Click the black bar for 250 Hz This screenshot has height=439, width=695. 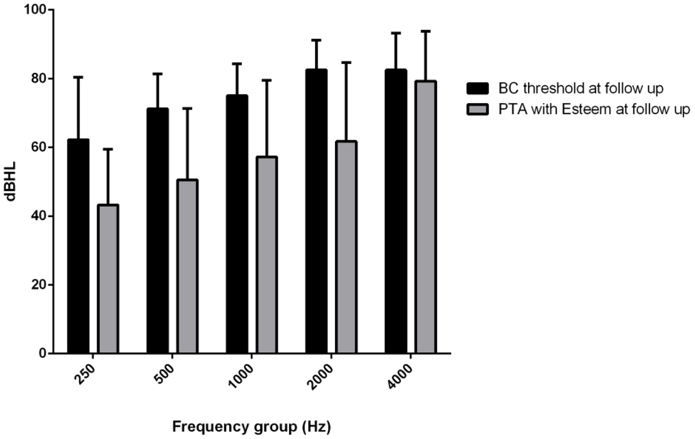click(x=78, y=245)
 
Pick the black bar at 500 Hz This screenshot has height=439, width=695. click(x=157, y=231)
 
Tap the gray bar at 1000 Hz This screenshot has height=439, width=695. click(x=267, y=255)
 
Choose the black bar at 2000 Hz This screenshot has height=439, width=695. click(x=316, y=211)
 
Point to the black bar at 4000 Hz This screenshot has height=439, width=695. click(x=396, y=211)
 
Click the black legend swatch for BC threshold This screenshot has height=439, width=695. click(x=477, y=88)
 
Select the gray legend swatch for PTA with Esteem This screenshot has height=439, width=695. click(x=477, y=109)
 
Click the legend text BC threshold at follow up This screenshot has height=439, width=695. click(x=581, y=88)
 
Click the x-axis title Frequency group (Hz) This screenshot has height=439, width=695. click(x=251, y=426)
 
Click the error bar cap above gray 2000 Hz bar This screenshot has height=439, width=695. click(x=346, y=62)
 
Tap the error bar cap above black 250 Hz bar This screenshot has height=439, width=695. click(x=78, y=77)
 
